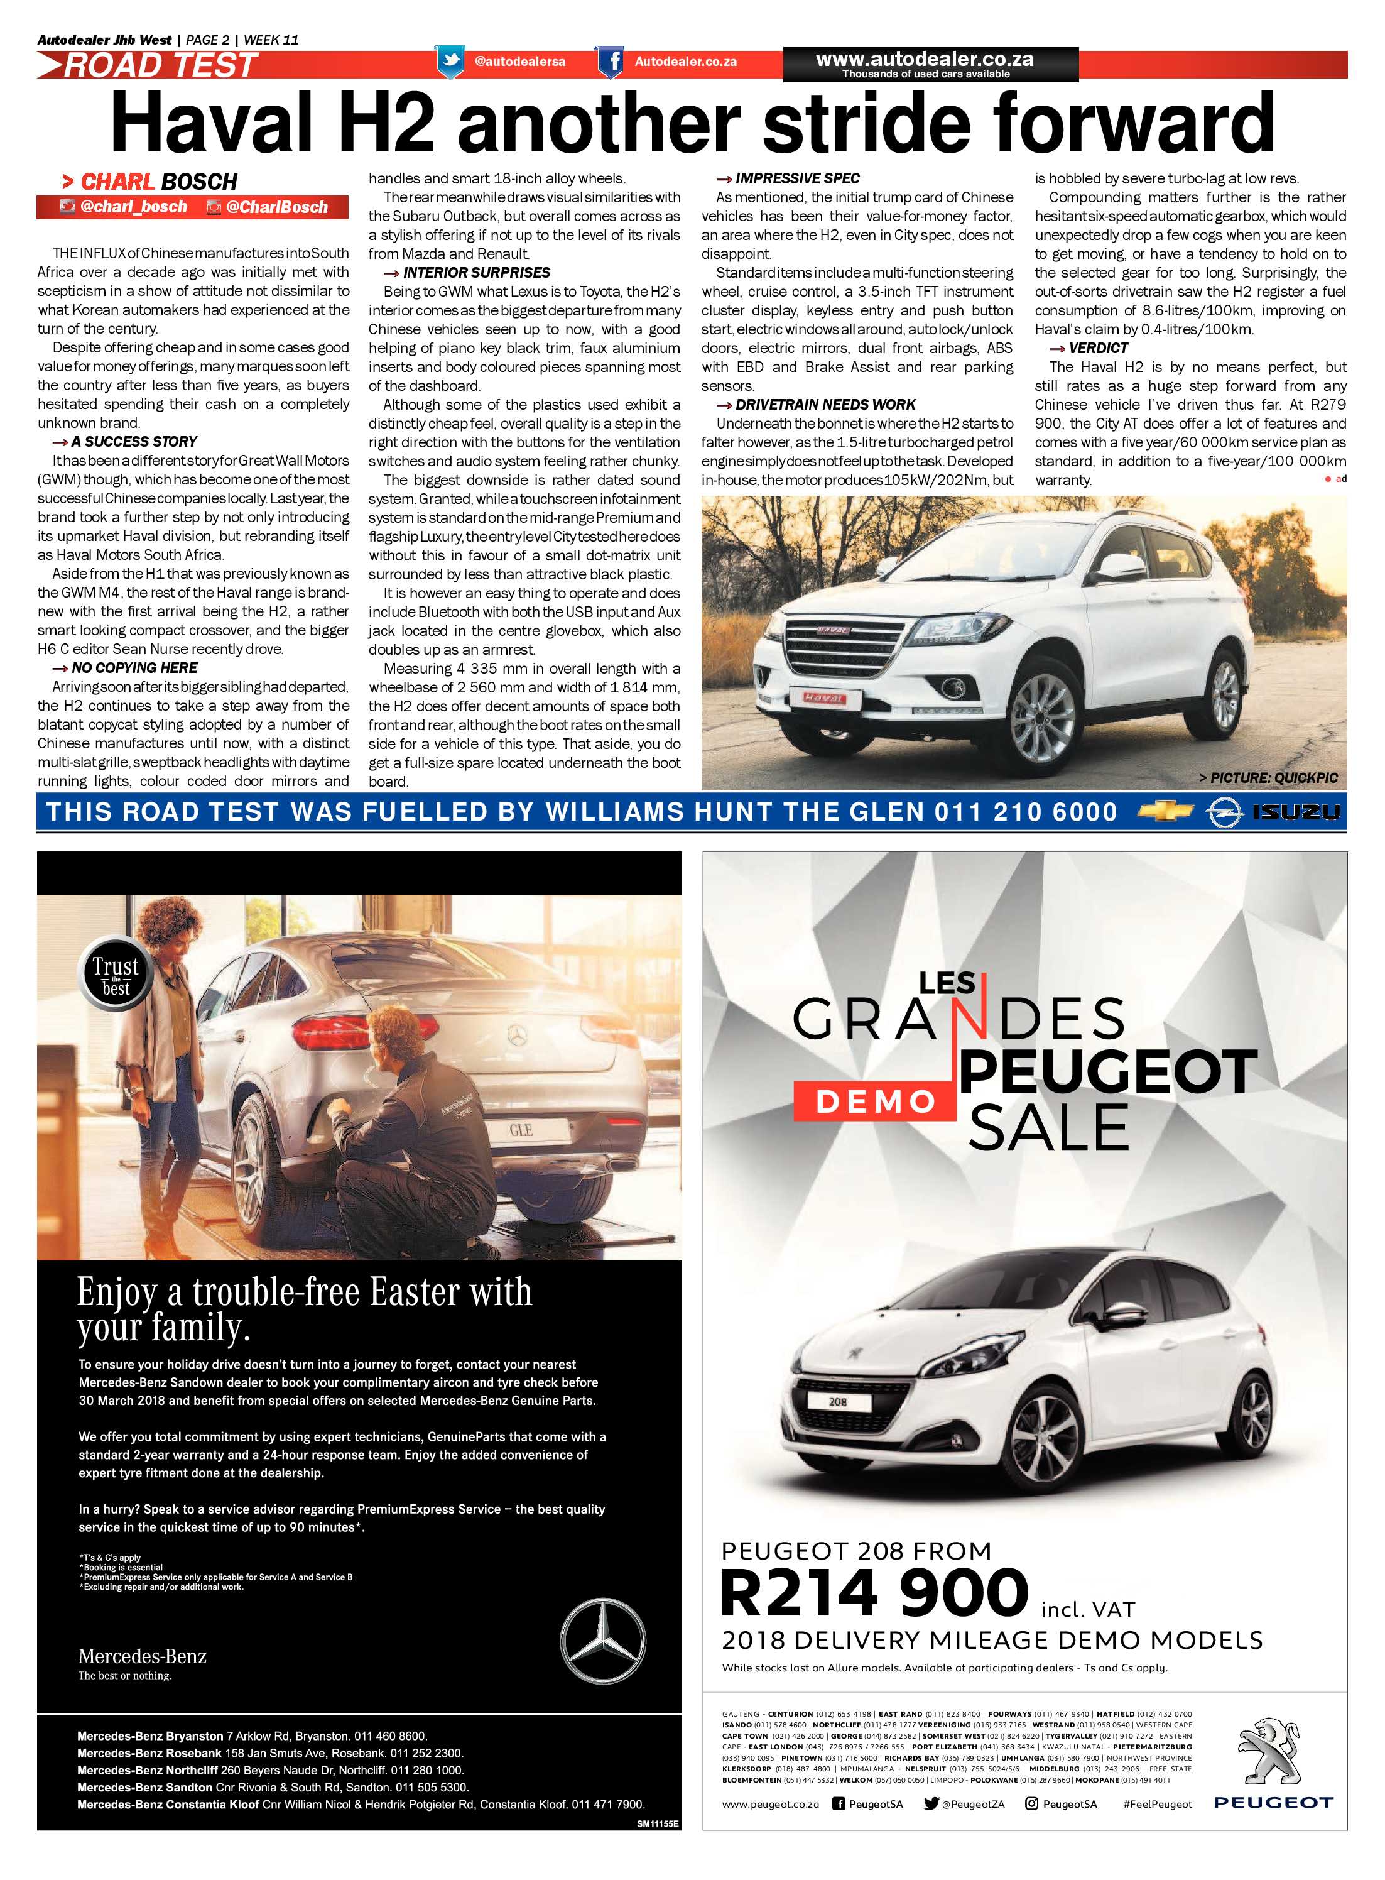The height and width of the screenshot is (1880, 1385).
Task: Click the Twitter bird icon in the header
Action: point(451,61)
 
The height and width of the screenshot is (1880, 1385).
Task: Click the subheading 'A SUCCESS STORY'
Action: point(133,442)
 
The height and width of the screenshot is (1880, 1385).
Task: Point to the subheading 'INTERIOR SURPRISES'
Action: point(476,273)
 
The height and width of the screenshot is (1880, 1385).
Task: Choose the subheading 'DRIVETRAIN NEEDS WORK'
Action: point(825,404)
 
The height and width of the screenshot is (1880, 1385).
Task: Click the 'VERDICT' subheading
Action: point(1099,348)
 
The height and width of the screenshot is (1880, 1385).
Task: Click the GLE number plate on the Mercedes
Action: point(521,1130)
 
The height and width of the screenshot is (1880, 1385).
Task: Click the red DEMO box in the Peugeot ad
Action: point(874,1101)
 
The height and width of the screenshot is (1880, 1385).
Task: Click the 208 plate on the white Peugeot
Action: point(837,1401)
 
